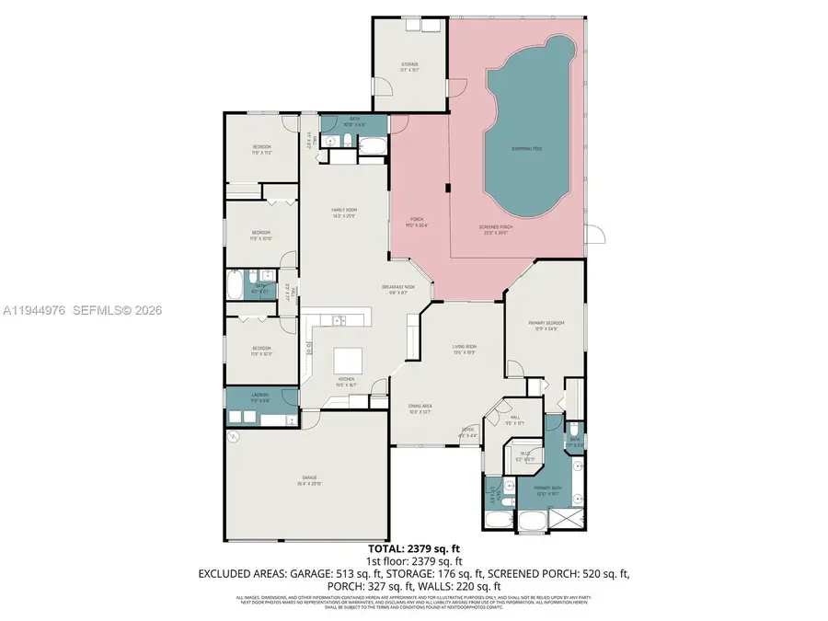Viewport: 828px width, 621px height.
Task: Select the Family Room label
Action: [x=343, y=213]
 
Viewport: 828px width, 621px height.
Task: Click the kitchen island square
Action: [x=350, y=359]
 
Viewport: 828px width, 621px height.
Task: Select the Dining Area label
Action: [x=420, y=408]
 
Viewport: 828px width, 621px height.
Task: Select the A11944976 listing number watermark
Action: [x=33, y=311]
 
